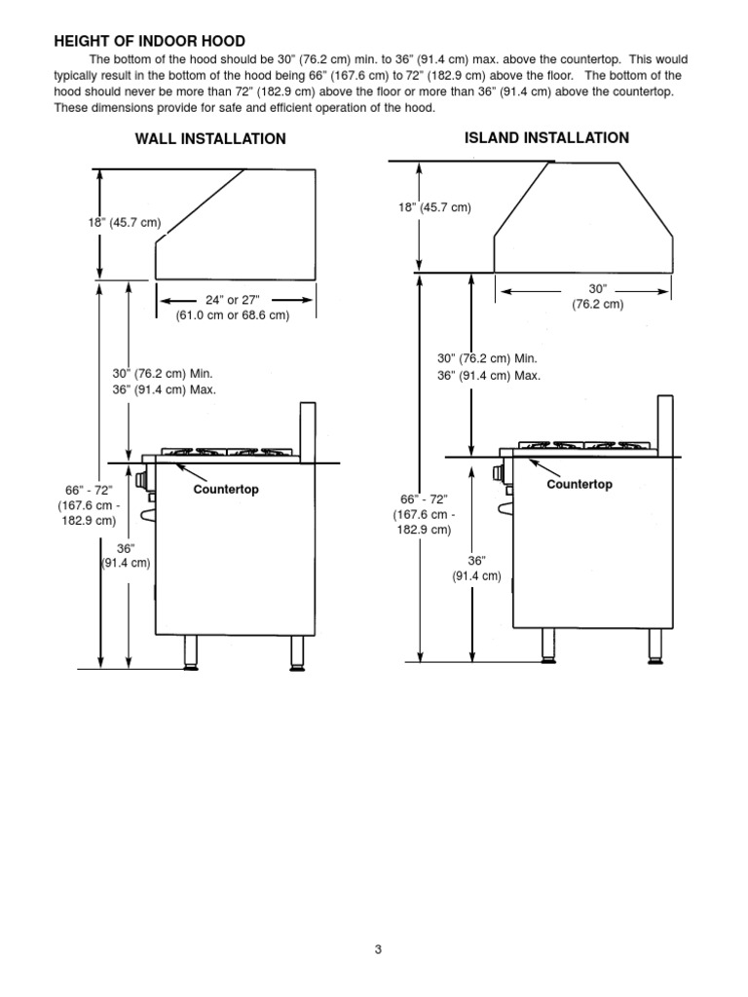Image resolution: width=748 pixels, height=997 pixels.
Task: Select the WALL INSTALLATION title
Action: click(210, 139)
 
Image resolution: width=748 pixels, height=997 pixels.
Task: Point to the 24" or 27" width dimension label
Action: click(232, 308)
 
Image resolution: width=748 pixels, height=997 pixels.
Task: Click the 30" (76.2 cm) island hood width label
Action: click(597, 297)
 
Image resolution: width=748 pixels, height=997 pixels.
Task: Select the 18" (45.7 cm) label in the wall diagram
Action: click(125, 223)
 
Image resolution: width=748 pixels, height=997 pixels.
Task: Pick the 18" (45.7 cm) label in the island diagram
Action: click(435, 207)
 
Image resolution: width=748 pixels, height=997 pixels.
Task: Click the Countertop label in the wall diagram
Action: click(226, 490)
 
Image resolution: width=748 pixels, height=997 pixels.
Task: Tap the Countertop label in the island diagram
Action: click(580, 484)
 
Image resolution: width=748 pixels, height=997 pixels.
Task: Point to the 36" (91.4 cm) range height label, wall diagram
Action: click(126, 556)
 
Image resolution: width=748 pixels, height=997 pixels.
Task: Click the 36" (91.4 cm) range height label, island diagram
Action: click(475, 569)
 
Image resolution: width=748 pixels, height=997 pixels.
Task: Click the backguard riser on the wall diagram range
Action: click(308, 427)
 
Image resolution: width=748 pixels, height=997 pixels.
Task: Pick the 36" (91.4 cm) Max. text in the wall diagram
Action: click(164, 389)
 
